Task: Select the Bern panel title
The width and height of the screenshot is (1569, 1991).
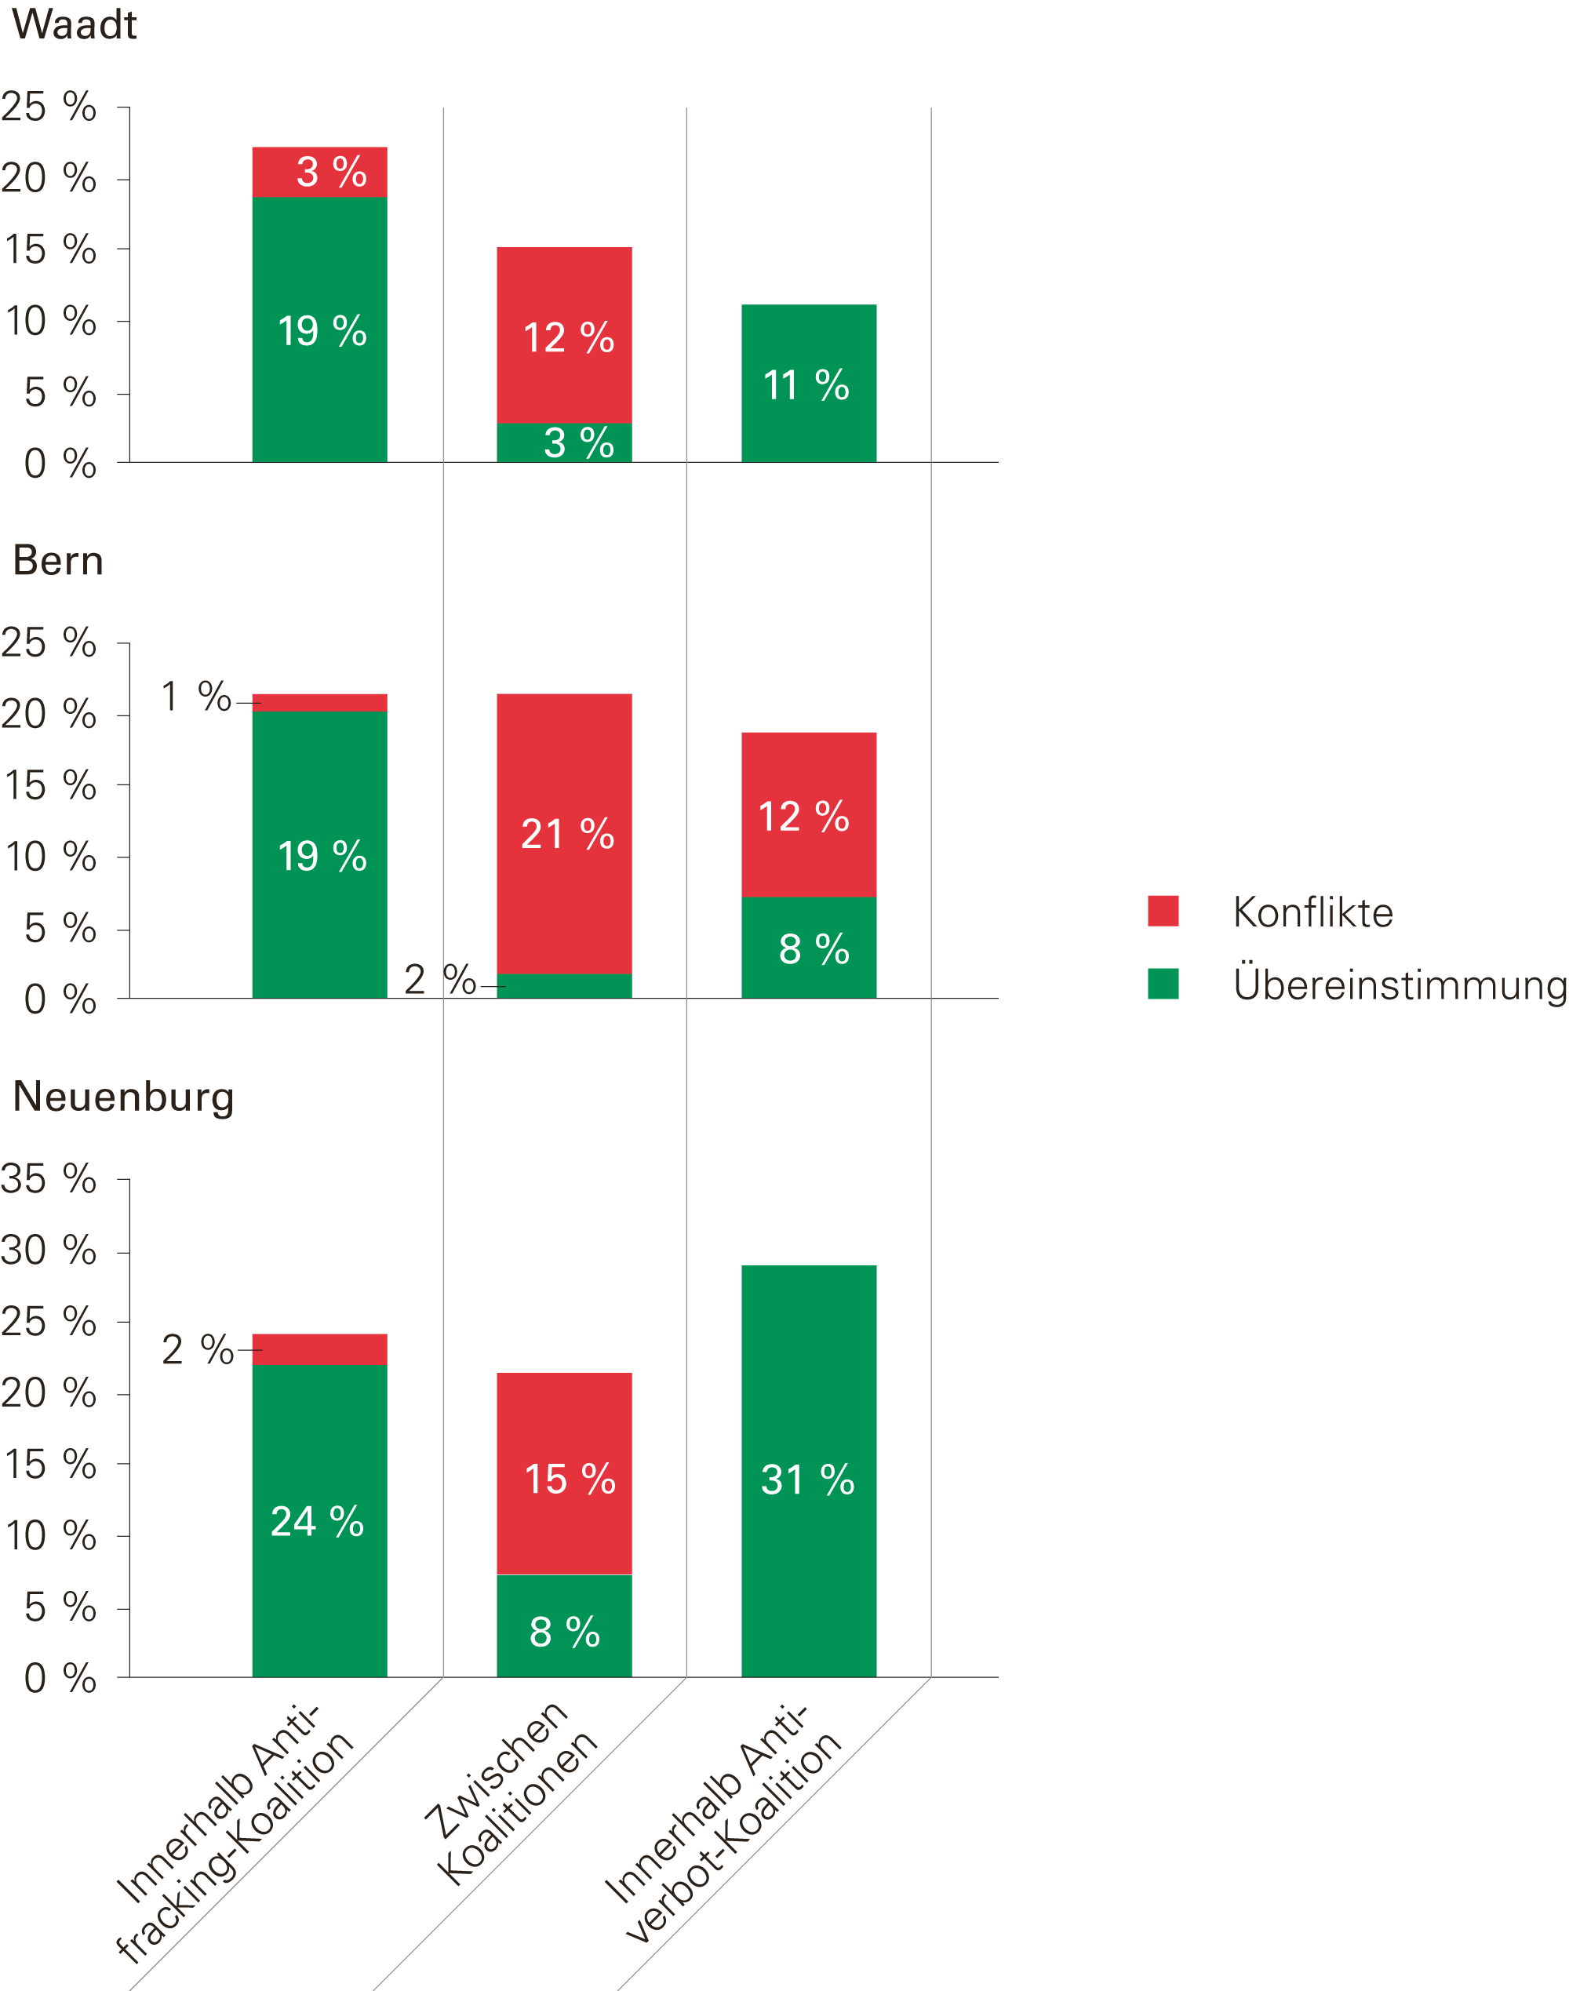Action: (x=58, y=560)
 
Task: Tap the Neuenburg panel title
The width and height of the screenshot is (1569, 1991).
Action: (x=123, y=1097)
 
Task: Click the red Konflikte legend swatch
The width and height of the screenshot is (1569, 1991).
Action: (x=1163, y=911)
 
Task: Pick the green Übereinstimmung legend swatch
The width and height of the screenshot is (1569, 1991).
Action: (x=1163, y=984)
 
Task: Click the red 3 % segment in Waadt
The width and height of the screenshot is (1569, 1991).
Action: (x=319, y=172)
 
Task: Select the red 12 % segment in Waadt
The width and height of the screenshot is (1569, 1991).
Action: (x=564, y=336)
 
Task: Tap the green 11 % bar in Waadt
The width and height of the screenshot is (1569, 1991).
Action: (x=808, y=384)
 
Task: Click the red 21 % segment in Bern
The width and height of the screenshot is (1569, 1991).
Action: (x=564, y=834)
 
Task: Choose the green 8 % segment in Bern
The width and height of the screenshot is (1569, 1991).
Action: (x=808, y=948)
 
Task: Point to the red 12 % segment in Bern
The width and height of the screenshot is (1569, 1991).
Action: (x=808, y=816)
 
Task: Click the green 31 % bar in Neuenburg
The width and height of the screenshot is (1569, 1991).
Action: (x=808, y=1479)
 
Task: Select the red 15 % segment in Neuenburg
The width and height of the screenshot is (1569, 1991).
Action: (x=564, y=1479)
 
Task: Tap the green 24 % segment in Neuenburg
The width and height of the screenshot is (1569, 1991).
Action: (x=319, y=1521)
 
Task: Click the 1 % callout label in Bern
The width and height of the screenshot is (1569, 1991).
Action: (x=195, y=697)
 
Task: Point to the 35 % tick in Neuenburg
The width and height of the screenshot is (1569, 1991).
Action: (x=49, y=1178)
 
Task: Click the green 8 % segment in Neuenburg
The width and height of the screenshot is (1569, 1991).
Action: (x=564, y=1631)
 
